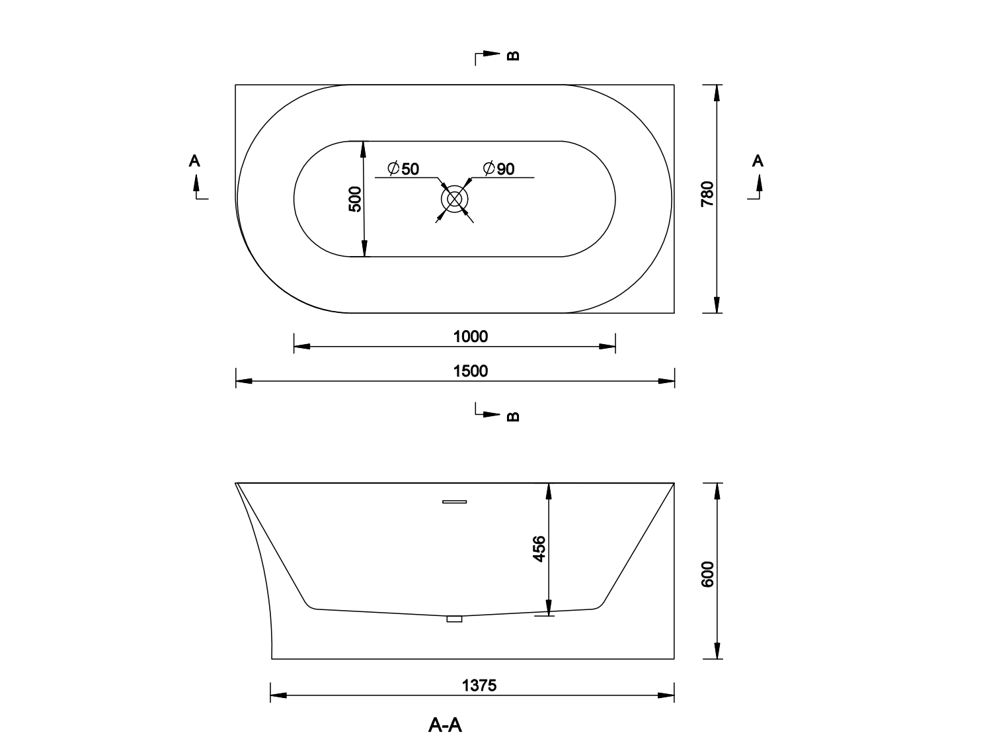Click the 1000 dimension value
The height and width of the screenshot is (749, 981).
(470, 336)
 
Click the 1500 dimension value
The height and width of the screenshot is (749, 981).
(470, 371)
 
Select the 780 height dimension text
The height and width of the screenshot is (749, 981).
(707, 194)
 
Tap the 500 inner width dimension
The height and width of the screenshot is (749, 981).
(355, 199)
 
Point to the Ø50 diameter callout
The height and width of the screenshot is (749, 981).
(403, 169)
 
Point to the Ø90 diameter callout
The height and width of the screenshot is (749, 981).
(499, 169)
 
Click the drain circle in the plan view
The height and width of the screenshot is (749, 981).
(455, 199)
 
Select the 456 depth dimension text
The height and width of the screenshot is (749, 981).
(539, 549)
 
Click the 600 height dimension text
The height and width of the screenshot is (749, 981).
(708, 574)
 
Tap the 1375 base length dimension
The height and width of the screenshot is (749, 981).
(479, 685)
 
